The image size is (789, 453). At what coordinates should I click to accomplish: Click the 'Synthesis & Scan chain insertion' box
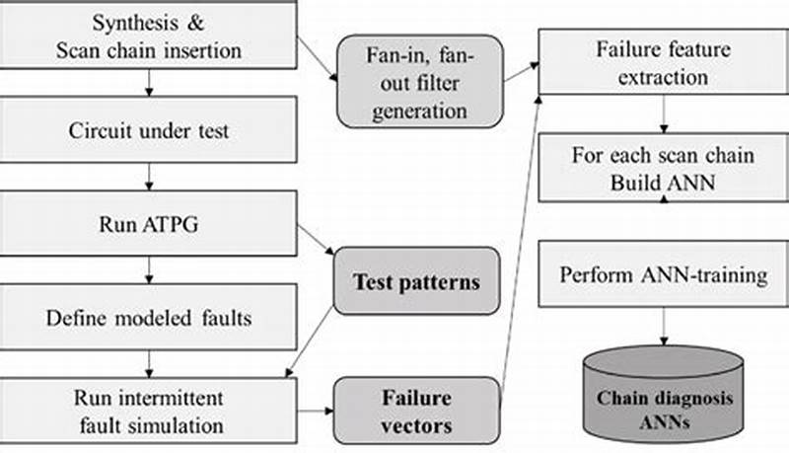148,35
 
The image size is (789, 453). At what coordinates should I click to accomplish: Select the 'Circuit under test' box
148,130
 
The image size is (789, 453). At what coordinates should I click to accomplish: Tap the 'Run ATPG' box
148,224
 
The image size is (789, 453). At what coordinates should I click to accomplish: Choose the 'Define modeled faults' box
148,318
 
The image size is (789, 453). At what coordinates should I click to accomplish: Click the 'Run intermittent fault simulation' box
148,412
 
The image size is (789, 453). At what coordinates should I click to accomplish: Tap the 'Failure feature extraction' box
663,61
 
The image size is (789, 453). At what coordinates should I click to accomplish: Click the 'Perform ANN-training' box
663,274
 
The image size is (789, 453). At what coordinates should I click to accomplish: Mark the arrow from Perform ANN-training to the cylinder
663,326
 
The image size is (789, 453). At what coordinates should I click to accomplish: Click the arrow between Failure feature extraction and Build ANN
663,116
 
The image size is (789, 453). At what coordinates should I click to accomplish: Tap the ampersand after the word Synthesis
197,22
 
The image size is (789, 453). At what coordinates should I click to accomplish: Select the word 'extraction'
664,75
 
